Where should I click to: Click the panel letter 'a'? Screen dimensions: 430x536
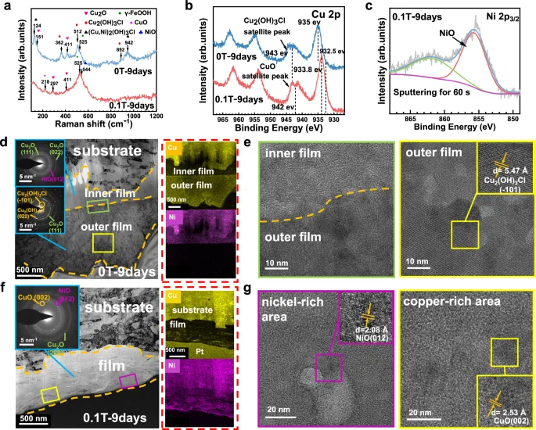click(x=6, y=6)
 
